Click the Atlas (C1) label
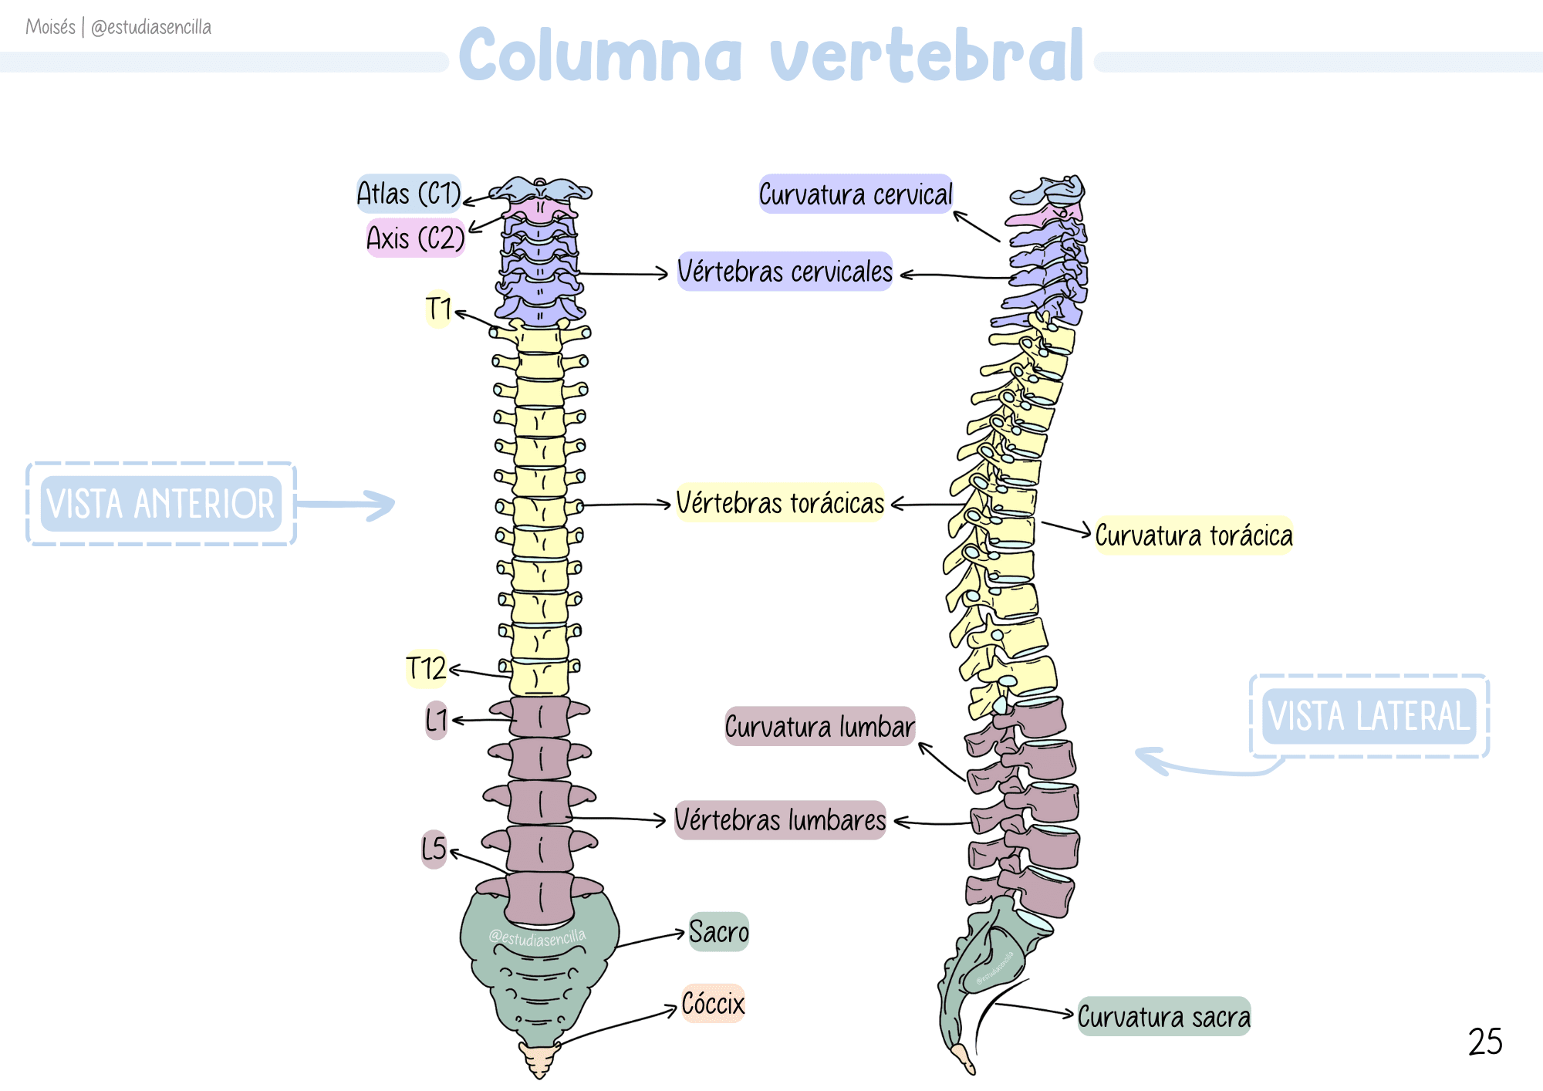coord(408,194)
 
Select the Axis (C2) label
coord(416,238)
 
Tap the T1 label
coord(438,309)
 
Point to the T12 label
coord(426,668)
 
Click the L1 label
coord(436,720)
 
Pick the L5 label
coord(434,849)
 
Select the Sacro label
coord(718,932)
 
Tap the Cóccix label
coord(713,1004)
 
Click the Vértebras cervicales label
coord(785,272)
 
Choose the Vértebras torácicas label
coord(780,503)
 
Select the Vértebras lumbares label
coord(780,819)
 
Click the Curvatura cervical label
coord(856,194)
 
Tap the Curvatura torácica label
coord(1194,535)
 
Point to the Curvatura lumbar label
coord(819,727)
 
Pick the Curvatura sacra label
coord(1163,1017)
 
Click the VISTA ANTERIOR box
coord(160,504)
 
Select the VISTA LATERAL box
coord(1369,716)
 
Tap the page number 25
coord(1485,1042)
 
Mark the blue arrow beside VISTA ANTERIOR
coord(347,505)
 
